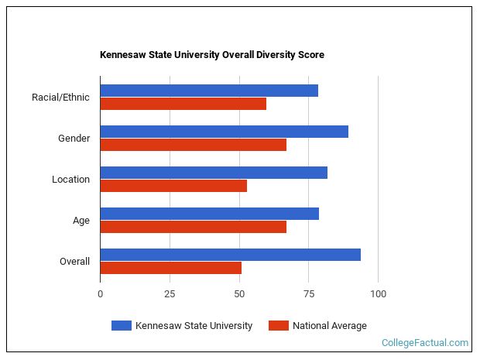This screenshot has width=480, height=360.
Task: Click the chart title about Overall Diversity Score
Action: coord(211,55)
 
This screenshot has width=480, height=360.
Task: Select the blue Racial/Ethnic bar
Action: coord(209,91)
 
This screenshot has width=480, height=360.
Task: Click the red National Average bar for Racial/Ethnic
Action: coord(183,104)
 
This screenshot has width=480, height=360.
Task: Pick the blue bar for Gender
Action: coord(224,132)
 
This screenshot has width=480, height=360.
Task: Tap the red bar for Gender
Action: coord(193,145)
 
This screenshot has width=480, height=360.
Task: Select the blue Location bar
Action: coord(214,173)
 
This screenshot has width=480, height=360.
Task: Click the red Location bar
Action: coord(173,186)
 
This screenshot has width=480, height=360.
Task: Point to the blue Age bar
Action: coord(209,214)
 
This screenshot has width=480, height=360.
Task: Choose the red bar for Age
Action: coord(193,227)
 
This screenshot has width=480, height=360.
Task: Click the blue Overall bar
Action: coord(230,255)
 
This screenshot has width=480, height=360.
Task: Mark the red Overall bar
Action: coord(170,268)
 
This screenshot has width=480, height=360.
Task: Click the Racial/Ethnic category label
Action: coord(60,98)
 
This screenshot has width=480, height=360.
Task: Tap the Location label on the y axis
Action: coord(70,180)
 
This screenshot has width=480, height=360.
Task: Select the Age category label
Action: coord(81,221)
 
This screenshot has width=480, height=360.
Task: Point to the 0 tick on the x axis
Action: coord(100,294)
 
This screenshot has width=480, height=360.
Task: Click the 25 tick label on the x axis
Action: coord(170,294)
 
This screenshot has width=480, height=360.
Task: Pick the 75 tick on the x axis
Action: coord(308,294)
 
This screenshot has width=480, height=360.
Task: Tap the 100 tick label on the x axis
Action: coord(378,294)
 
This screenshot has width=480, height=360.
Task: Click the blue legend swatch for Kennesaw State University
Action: coord(121,326)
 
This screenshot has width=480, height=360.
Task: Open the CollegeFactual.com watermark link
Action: coord(425,343)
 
